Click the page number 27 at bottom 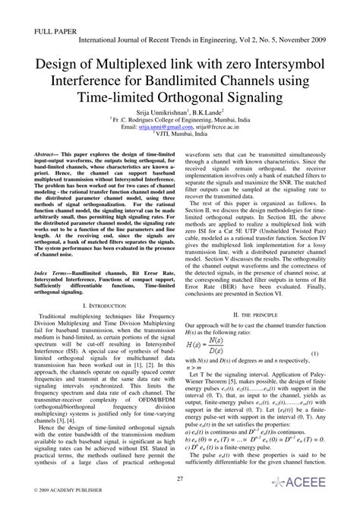[180, 479]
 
